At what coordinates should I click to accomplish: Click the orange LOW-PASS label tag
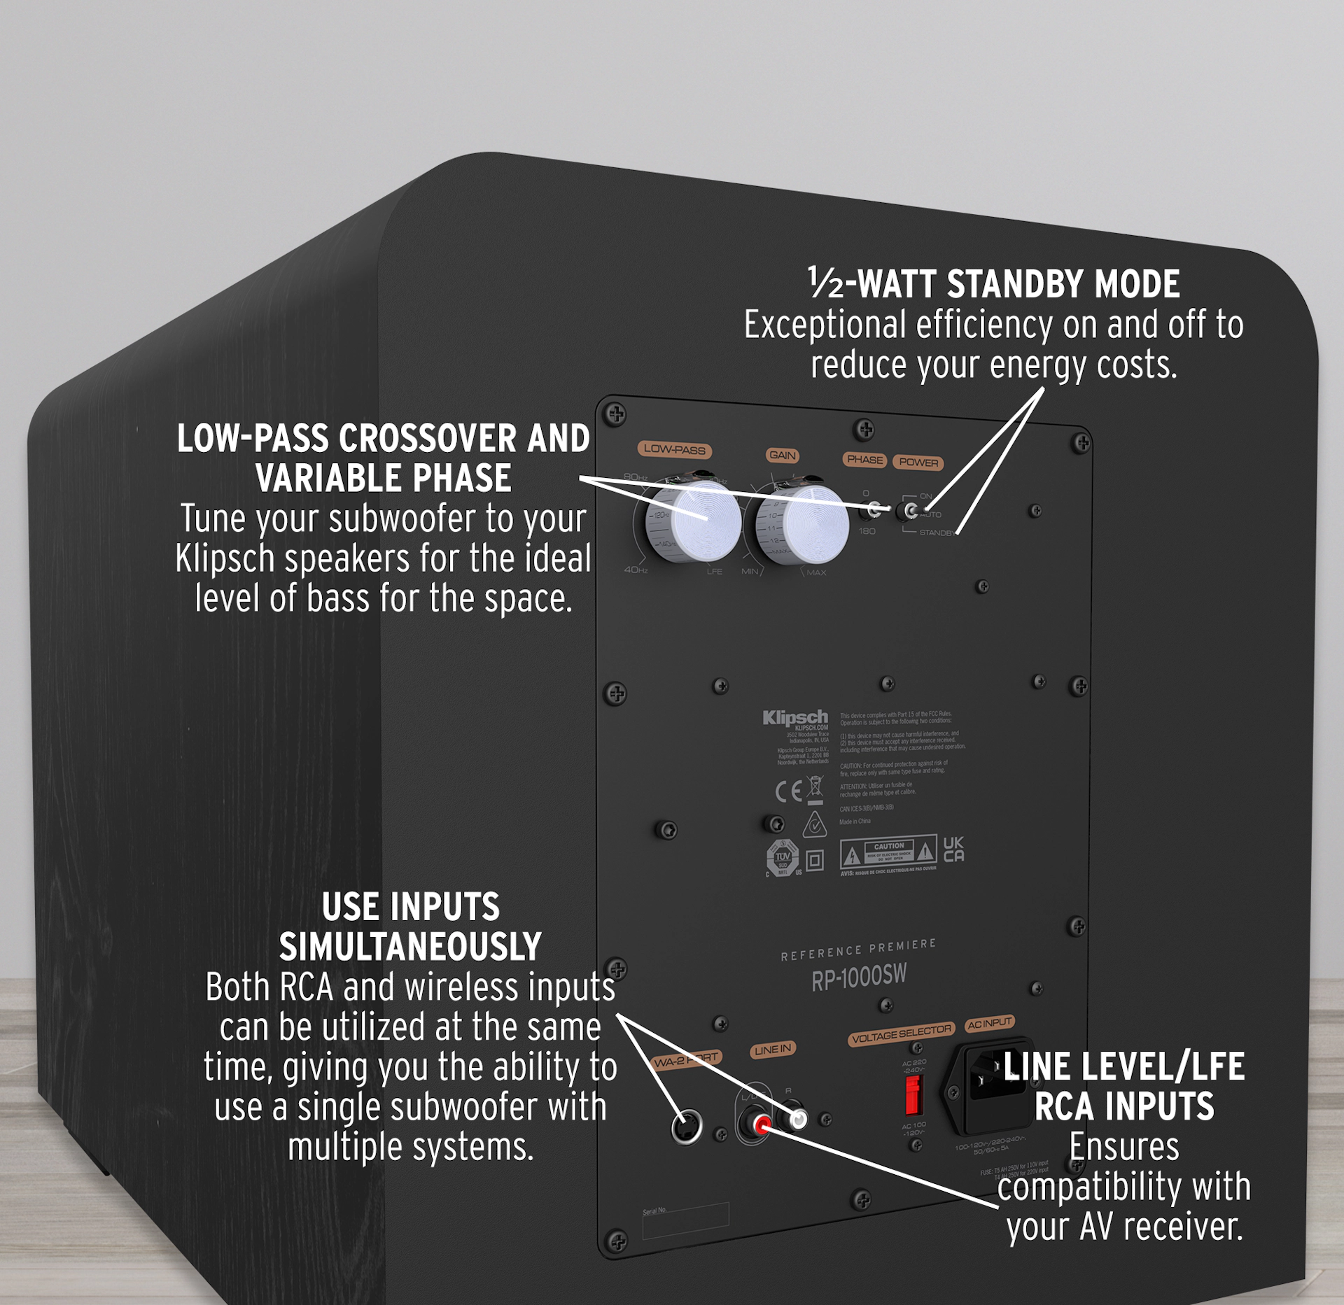[674, 450]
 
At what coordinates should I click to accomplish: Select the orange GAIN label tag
[782, 456]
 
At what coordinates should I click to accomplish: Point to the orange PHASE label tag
[864, 460]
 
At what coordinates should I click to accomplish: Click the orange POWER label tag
[918, 463]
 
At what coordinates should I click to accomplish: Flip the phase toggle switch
[874, 509]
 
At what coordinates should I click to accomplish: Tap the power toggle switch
[911, 511]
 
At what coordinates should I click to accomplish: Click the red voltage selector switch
[911, 1094]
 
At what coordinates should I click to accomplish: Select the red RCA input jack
[762, 1125]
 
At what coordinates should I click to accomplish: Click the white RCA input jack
[797, 1120]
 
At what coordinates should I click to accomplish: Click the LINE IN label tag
[773, 1050]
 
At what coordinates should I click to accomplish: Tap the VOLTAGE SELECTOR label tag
[902, 1034]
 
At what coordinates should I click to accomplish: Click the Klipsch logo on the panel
[795, 718]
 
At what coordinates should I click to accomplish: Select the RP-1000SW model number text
[859, 977]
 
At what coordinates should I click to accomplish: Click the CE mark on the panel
[788, 791]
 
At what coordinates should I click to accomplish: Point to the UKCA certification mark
[953, 849]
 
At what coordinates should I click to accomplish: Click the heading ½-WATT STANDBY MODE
[993, 284]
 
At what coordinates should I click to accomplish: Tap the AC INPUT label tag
[989, 1024]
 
